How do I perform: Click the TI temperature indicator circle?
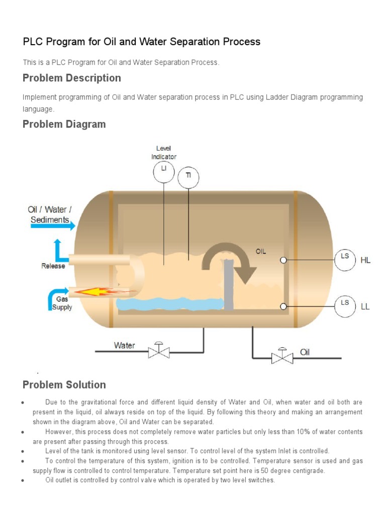click(188, 178)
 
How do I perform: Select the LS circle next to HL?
click(345, 260)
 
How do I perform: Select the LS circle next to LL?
click(345, 306)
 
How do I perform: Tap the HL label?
click(365, 260)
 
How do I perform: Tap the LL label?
click(365, 306)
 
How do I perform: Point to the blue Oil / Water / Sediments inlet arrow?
click(53, 226)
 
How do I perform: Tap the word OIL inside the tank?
click(261, 252)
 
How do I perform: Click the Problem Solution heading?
click(64, 385)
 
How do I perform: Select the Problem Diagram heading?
click(64, 124)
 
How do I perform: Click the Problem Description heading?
click(72, 78)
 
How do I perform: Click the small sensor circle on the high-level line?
click(283, 260)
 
